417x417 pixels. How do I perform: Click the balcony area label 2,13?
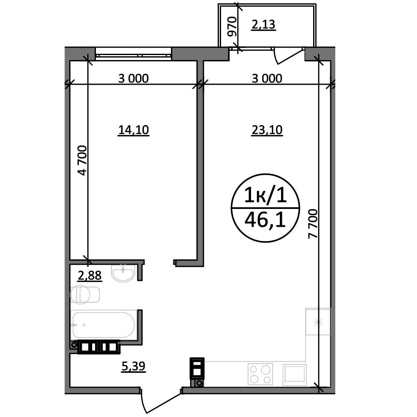(x=263, y=25)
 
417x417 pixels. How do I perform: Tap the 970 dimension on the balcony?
(x=232, y=26)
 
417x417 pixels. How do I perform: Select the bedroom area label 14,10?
(x=133, y=130)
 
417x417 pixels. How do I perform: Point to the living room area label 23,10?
(x=267, y=130)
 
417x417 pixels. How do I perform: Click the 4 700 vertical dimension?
(x=83, y=161)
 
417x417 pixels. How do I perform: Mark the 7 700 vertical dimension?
(x=313, y=224)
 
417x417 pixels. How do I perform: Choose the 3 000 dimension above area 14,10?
(x=133, y=78)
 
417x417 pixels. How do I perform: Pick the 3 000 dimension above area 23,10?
(x=267, y=78)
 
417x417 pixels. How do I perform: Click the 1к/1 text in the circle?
(x=266, y=195)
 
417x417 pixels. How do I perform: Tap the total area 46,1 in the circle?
(x=265, y=220)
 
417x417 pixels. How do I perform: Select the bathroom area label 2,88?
(x=90, y=276)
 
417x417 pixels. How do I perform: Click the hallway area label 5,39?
(x=133, y=366)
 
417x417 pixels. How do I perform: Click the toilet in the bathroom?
(x=85, y=294)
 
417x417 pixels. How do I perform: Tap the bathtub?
(x=104, y=325)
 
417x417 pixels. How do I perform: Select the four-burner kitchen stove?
(x=260, y=374)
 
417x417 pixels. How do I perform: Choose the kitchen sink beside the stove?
(x=294, y=374)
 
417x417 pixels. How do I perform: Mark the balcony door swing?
(x=289, y=55)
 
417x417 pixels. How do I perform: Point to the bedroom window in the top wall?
(x=133, y=54)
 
